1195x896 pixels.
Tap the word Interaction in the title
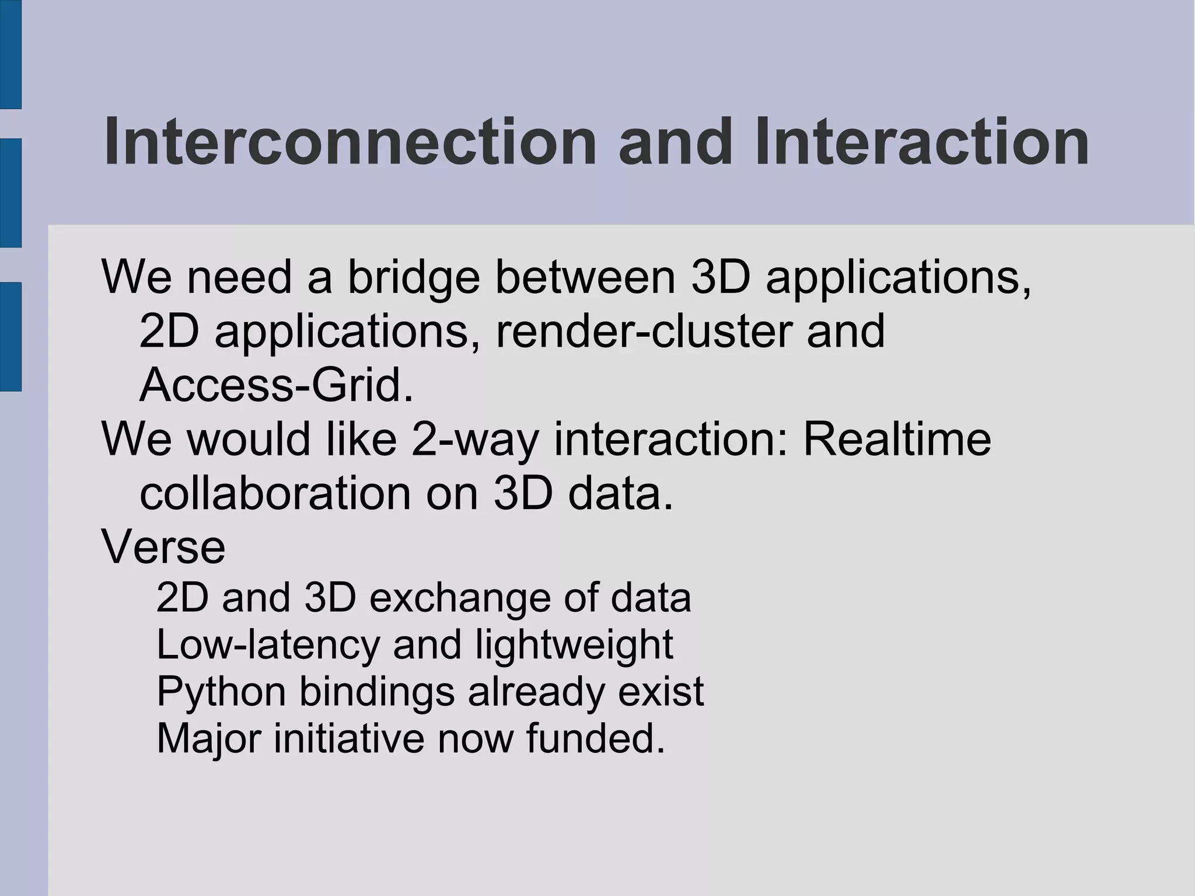(x=921, y=142)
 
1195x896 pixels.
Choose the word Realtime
(x=897, y=439)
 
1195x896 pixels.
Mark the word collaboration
(x=275, y=494)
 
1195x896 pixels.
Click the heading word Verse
(x=163, y=548)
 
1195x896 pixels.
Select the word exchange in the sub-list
(x=460, y=598)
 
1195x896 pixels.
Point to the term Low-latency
(x=267, y=645)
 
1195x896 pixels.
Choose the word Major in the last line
(x=208, y=739)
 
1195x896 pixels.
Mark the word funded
(x=595, y=738)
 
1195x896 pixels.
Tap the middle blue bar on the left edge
(x=11, y=193)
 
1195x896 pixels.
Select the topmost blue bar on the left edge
(x=11, y=54)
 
